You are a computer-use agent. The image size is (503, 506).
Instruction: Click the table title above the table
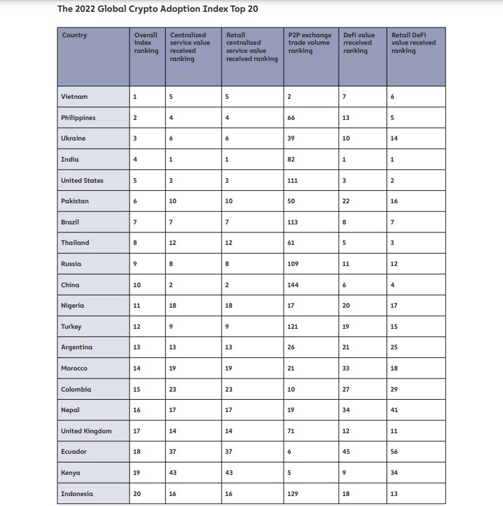(157, 9)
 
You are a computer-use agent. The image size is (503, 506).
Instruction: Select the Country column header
(74, 35)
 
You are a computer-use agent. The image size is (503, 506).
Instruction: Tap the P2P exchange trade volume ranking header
(309, 43)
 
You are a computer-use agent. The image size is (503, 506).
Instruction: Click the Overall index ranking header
(146, 43)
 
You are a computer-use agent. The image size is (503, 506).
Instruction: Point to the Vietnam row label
(74, 97)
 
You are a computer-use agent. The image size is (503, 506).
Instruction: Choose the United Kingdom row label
(87, 431)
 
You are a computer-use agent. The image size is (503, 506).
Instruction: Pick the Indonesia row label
(77, 494)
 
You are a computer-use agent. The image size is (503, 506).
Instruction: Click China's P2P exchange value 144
(293, 285)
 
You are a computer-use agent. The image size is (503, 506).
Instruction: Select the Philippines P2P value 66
(291, 118)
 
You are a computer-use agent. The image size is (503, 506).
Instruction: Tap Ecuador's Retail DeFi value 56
(394, 452)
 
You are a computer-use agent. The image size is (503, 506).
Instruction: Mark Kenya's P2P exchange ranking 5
(289, 472)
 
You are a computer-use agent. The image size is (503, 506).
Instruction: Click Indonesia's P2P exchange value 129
(293, 494)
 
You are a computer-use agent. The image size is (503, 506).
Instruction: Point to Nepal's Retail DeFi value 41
(394, 410)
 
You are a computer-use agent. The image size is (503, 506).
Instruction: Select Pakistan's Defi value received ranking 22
(346, 201)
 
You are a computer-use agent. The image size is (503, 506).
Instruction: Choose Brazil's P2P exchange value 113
(293, 222)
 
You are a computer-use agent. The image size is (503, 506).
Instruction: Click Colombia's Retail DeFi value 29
(394, 389)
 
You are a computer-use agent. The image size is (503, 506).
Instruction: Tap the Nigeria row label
(72, 306)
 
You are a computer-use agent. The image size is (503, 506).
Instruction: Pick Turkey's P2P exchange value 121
(293, 327)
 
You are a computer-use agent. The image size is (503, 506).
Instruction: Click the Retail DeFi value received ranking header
(413, 43)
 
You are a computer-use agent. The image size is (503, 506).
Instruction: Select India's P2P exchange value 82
(291, 160)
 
